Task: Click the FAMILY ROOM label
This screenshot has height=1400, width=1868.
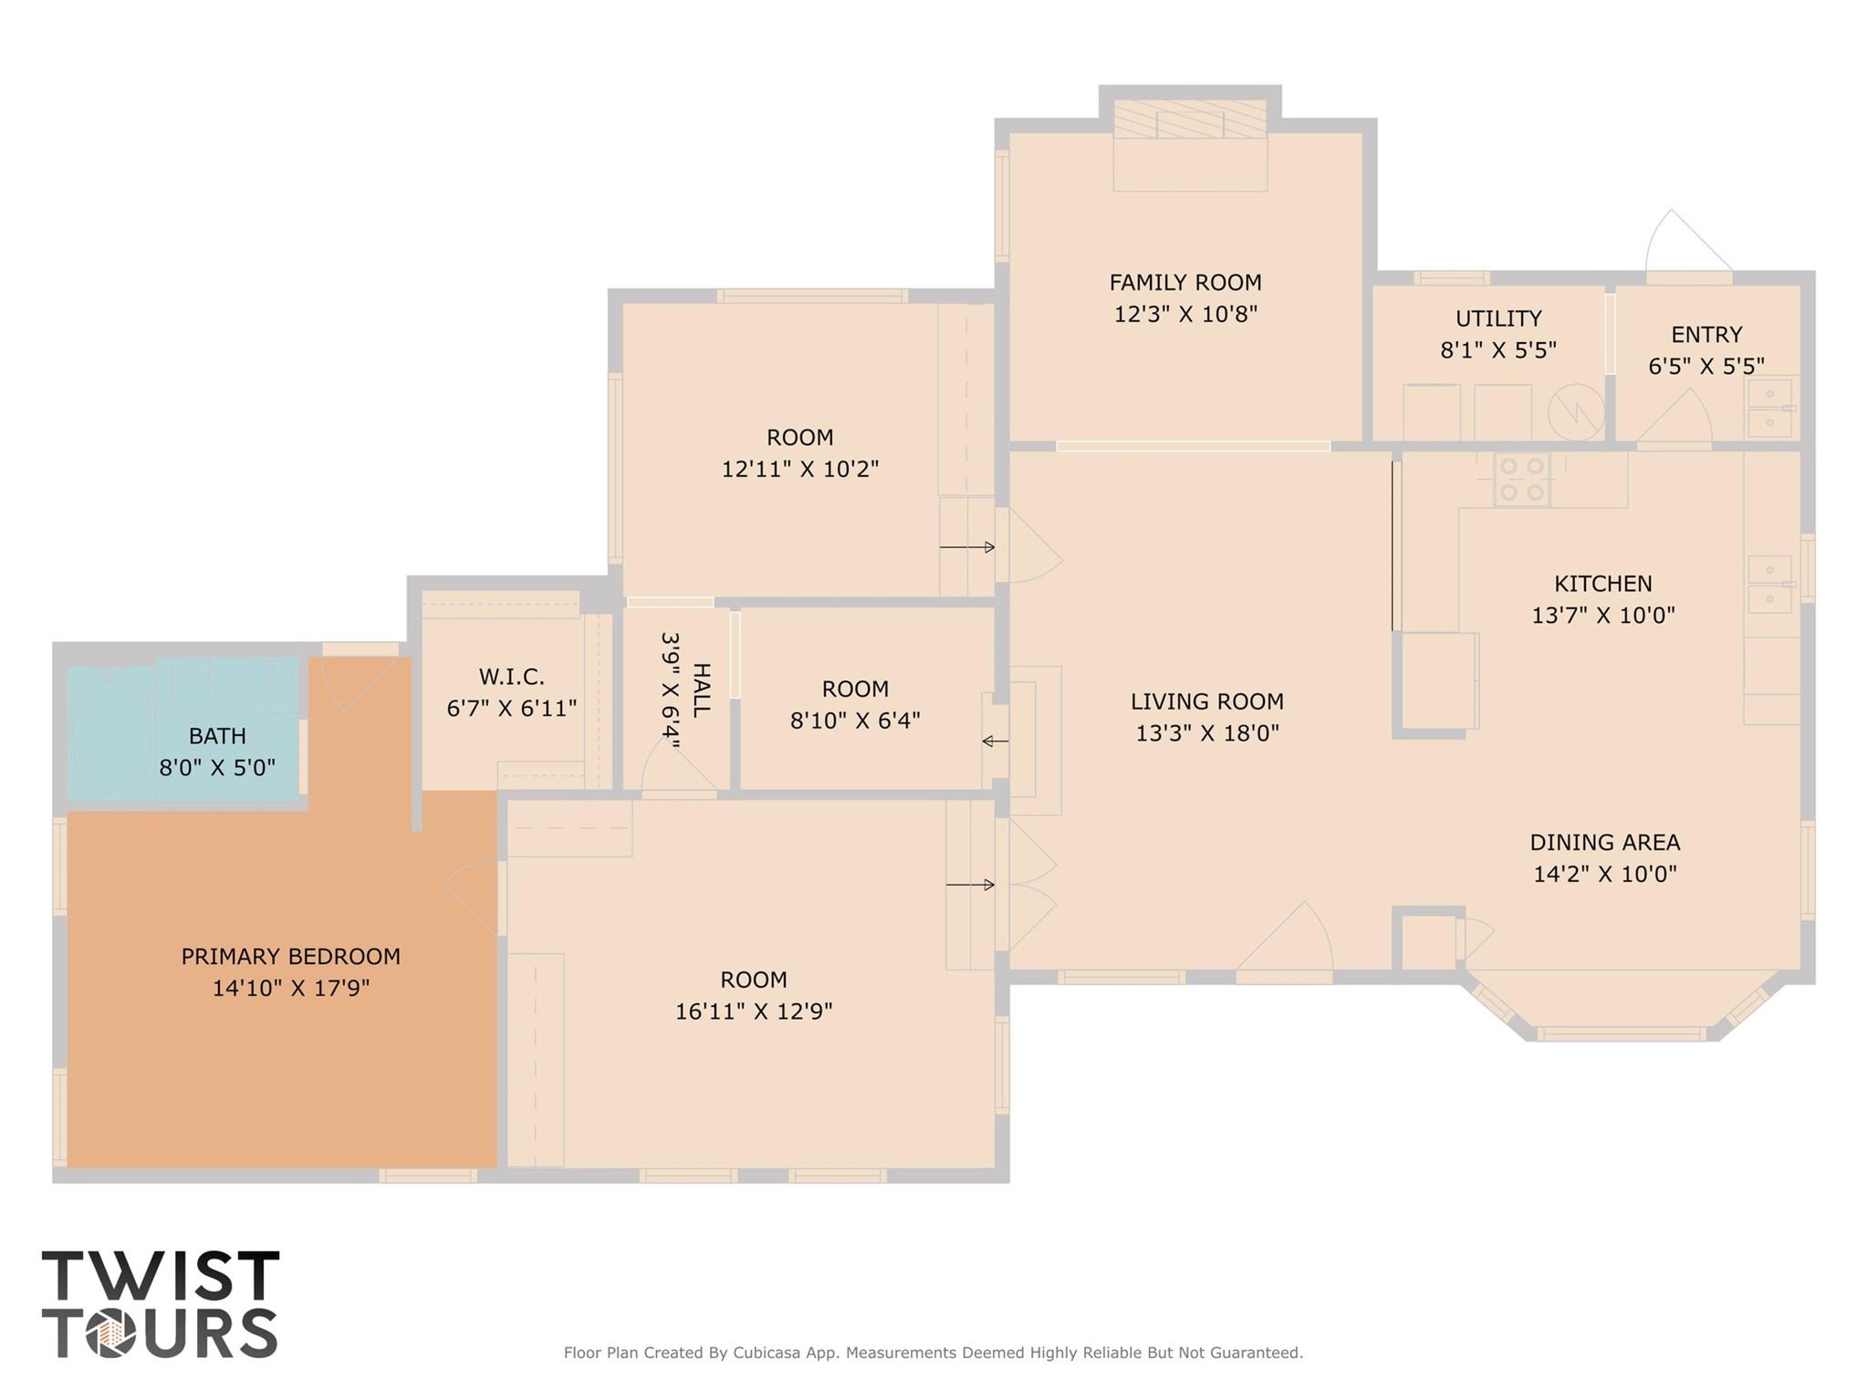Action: pyautogui.click(x=1184, y=283)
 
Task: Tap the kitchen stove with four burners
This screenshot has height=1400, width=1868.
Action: pyautogui.click(x=1521, y=480)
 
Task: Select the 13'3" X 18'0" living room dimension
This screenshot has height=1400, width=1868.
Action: pyautogui.click(x=1206, y=733)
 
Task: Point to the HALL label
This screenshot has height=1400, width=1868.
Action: pyautogui.click(x=701, y=690)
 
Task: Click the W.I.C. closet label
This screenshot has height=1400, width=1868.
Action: pyautogui.click(x=511, y=677)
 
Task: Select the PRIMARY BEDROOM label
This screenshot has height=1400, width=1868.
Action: pyautogui.click(x=290, y=957)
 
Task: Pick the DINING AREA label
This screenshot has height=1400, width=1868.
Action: pyautogui.click(x=1604, y=843)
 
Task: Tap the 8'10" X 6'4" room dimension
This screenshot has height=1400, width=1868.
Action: pyautogui.click(x=854, y=721)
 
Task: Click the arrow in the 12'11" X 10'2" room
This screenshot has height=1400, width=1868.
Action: pyautogui.click(x=966, y=547)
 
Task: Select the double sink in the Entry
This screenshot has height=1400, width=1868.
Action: pyautogui.click(x=1769, y=409)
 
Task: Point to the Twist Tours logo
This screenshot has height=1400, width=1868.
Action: pyautogui.click(x=160, y=1303)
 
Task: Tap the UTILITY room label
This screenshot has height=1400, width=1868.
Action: pyautogui.click(x=1498, y=318)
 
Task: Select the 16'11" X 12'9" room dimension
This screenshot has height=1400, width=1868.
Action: pyautogui.click(x=753, y=1011)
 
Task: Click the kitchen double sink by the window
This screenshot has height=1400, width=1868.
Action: pyautogui.click(x=1769, y=584)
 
